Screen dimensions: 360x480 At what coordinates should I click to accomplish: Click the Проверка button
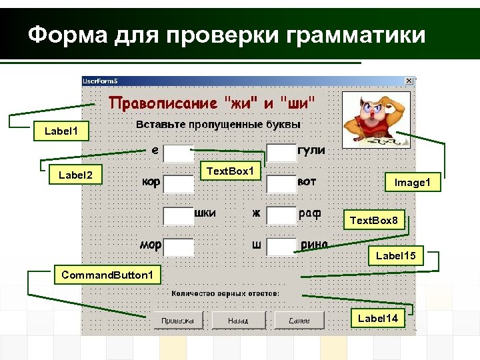(x=178, y=321)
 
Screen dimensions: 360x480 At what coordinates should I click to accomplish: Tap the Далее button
(x=299, y=321)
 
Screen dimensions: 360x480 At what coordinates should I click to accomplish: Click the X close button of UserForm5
(x=409, y=81)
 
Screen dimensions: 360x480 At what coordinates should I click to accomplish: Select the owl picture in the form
(x=367, y=119)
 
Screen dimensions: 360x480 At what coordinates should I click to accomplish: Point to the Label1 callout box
(x=61, y=131)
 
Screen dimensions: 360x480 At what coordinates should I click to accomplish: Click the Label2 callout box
(x=75, y=175)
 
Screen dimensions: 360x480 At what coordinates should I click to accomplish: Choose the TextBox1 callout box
(x=231, y=171)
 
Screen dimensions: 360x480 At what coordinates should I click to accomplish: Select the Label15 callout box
(x=395, y=255)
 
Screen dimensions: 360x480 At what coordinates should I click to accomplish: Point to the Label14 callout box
(x=377, y=318)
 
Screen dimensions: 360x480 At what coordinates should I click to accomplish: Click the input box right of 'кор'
(x=178, y=183)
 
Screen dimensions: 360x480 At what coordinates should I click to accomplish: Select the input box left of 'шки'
(x=178, y=215)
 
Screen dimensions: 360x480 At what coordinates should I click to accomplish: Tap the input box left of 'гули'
(x=281, y=152)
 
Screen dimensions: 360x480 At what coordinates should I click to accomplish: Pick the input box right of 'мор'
(x=178, y=247)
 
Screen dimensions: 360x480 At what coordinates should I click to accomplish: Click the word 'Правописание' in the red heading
(x=163, y=103)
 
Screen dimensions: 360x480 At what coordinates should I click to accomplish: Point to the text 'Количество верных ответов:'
(x=225, y=293)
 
